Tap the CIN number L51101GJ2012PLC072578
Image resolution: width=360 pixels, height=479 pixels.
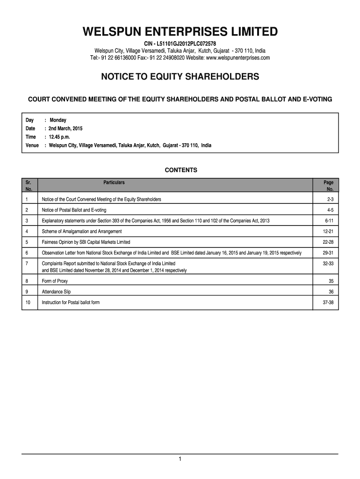[x=180, y=44]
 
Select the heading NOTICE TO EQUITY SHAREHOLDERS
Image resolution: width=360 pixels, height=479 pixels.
[x=180, y=76]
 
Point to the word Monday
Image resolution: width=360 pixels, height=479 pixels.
[x=58, y=120]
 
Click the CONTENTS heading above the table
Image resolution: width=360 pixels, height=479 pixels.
[x=181, y=170]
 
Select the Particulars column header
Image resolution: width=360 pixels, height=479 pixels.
[x=114, y=182]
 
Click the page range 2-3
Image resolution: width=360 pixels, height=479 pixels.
[x=330, y=199]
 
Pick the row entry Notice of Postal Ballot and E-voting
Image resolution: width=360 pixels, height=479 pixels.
[x=74, y=210]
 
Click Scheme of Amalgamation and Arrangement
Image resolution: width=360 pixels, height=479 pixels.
[x=82, y=232]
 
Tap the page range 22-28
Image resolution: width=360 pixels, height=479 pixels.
[x=328, y=242]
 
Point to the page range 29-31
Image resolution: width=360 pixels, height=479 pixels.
[x=328, y=253]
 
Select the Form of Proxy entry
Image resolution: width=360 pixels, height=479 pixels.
[x=55, y=281]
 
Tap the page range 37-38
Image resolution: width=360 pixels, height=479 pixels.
[x=328, y=303]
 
